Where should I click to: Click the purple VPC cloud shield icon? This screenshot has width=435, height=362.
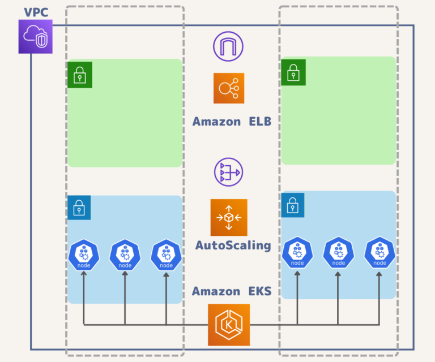tap(35, 37)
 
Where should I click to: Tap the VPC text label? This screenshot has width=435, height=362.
tap(36, 12)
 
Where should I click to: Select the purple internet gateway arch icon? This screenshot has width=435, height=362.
tap(228, 46)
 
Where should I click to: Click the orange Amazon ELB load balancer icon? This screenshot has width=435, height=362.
tap(229, 88)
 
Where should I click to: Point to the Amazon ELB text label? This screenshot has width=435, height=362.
tap(232, 121)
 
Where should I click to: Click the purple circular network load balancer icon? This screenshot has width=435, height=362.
tap(228, 172)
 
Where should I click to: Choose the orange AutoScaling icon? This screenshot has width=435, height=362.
tap(229, 217)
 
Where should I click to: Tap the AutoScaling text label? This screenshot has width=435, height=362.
tap(233, 245)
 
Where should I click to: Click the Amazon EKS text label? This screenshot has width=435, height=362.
tap(232, 291)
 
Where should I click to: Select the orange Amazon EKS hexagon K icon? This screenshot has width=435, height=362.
tap(229, 325)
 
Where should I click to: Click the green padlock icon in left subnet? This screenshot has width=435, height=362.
tap(79, 75)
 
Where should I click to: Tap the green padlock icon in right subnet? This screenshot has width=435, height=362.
tap(293, 72)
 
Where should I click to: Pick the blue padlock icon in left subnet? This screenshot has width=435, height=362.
tap(79, 208)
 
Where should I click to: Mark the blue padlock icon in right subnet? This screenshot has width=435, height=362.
tap(293, 205)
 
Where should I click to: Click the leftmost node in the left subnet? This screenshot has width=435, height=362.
tap(84, 256)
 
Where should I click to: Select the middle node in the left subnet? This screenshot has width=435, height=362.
tap(125, 256)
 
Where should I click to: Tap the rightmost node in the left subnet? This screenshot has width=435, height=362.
tap(166, 256)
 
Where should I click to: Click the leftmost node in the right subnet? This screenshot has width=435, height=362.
tap(297, 253)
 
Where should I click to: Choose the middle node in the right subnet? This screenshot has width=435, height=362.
tap(338, 253)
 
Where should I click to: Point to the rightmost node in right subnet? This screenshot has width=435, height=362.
tap(379, 253)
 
